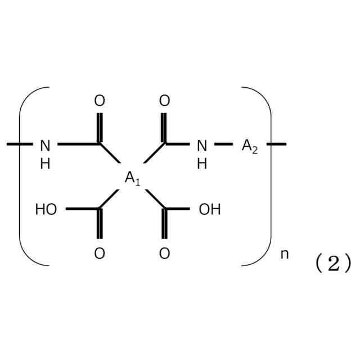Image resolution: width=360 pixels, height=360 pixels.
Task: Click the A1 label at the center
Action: pos(132,179)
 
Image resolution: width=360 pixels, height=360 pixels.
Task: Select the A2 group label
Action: pos(250,146)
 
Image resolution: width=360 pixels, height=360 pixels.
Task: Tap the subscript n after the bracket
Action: pos(285,254)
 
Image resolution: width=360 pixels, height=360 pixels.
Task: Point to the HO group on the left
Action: pos(46,210)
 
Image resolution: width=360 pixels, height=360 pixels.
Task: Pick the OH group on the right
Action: pos(210,210)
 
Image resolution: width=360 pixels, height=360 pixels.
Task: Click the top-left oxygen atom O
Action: pos(100,101)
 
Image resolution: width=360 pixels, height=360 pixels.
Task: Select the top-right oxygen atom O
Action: pos(164,101)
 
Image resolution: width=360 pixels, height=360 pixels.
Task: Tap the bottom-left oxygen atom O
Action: pos(100,254)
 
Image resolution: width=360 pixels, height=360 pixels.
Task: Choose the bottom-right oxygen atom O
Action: pos(164,254)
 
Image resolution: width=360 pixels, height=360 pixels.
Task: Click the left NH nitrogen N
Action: pos(45,146)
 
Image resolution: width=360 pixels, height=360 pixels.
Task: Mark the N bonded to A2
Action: pos(201,146)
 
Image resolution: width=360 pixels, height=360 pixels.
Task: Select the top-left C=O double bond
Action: pos(100,128)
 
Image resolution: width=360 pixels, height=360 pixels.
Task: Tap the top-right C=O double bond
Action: pos(164,128)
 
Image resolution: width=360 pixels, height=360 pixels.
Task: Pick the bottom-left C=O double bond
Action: pos(100,224)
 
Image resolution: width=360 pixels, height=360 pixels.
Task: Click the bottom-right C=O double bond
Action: pos(164,224)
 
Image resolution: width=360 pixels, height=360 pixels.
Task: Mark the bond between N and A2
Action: pos(223,145)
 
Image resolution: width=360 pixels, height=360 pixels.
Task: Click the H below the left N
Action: pos(45,164)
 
